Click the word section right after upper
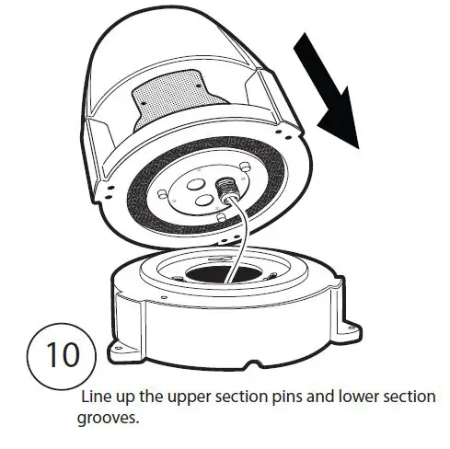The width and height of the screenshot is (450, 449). tap(245, 397)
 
